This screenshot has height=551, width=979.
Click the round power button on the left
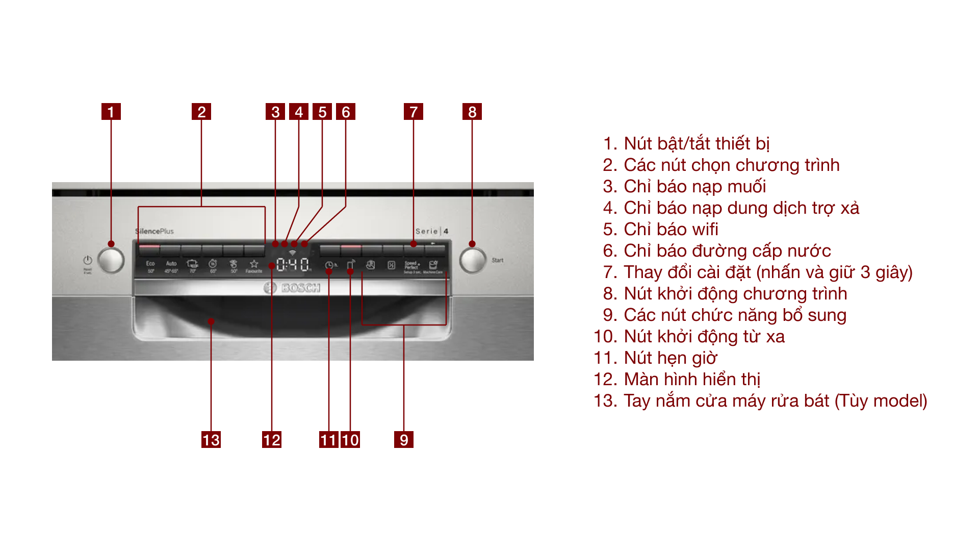pos(111,260)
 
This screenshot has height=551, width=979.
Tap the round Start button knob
pos(473,260)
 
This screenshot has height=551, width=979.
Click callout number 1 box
pos(111,112)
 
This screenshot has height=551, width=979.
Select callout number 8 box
pos(472,112)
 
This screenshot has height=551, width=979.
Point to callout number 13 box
pos(211,439)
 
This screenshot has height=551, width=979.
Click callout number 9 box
pos(403,439)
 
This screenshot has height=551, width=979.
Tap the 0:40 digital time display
pos(293,265)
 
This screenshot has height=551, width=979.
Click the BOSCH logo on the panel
pos(293,288)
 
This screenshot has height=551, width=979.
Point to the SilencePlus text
pos(154,231)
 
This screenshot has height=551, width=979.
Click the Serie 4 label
pos(431,231)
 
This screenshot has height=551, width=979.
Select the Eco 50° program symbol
pos(150,266)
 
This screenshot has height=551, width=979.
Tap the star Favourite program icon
pos(254,266)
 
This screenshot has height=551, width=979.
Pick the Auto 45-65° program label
pos(171,266)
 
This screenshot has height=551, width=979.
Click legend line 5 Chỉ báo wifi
pos(660,229)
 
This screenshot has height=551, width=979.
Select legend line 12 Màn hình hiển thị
pos(677,379)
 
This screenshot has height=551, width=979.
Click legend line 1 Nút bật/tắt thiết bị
pos(686,143)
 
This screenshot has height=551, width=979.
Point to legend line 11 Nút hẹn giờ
pos(655,358)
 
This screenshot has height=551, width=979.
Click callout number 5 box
pos(322,112)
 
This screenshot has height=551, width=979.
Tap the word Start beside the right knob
pos(497,260)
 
